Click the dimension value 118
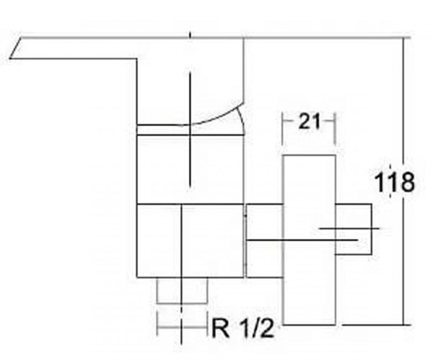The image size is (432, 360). click(394, 182)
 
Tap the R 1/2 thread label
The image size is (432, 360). click(243, 328)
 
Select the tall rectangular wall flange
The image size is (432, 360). click(310, 240)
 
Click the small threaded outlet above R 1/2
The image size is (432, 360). click(182, 291)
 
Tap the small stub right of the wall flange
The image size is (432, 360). click(354, 229)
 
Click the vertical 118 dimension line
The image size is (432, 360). click(404, 181)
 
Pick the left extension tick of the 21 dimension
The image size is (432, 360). click(282, 129)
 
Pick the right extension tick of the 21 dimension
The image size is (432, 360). click(335, 129)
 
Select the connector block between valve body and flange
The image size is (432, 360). click(264, 241)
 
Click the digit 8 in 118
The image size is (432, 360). click(407, 182)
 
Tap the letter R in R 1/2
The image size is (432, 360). click(220, 328)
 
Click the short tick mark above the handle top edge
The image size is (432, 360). click(190, 35)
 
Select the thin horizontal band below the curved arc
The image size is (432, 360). click(191, 130)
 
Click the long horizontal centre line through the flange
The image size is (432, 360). click(302, 240)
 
